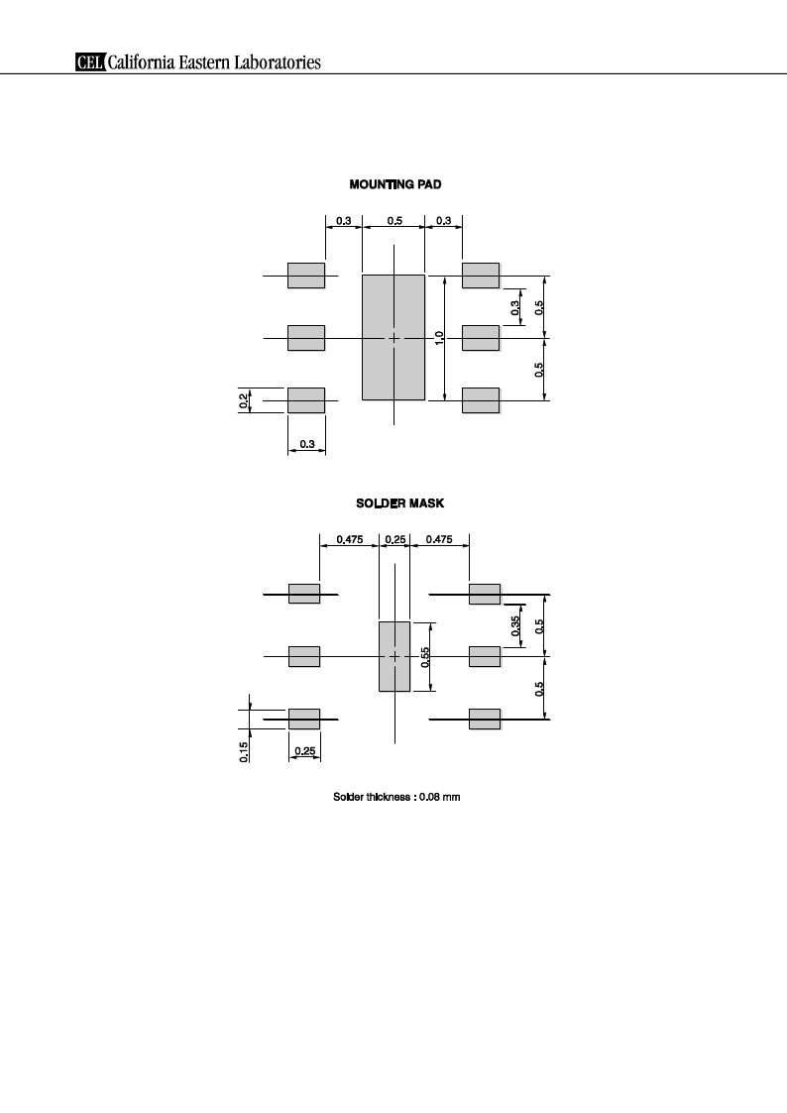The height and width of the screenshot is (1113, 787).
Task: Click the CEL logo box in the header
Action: (x=90, y=62)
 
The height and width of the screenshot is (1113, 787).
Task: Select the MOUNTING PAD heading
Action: (x=395, y=184)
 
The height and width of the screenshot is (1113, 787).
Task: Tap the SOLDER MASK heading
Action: (x=400, y=503)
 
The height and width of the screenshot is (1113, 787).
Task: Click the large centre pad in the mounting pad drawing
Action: (x=393, y=338)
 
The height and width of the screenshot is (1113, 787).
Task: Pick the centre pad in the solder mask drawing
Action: (x=394, y=656)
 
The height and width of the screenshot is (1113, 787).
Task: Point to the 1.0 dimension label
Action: (x=439, y=338)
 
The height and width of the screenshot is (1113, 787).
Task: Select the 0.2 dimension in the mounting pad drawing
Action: (x=244, y=401)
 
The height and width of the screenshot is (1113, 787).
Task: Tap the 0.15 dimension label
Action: (x=244, y=751)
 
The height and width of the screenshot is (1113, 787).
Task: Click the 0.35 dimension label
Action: (x=516, y=625)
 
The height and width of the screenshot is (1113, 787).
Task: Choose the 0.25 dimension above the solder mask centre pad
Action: (x=395, y=539)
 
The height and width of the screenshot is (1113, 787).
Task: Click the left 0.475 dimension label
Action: (x=349, y=539)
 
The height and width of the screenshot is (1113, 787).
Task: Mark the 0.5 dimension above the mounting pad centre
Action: (x=394, y=221)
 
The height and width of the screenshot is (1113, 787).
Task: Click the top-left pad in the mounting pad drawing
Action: (x=306, y=276)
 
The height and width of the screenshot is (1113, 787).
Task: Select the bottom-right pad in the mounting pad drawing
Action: (x=481, y=400)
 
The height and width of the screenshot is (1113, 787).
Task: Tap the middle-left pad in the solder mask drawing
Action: (x=304, y=656)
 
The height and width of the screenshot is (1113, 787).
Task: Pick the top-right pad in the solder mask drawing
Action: (x=485, y=594)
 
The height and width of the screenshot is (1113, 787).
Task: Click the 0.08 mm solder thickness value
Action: (x=439, y=797)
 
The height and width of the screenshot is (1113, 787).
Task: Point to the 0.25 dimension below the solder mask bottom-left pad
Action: (x=305, y=751)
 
